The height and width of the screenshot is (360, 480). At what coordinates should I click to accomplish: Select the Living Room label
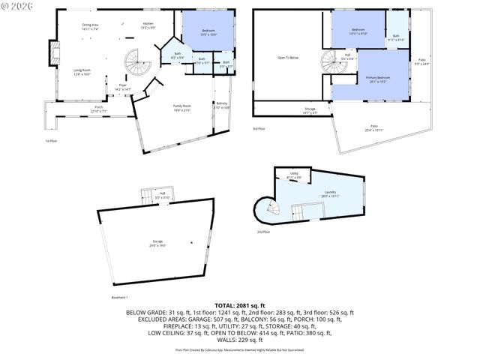point(82,72)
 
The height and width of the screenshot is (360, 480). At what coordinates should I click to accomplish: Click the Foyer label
point(122,88)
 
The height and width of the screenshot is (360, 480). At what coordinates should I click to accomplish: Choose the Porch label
point(98,109)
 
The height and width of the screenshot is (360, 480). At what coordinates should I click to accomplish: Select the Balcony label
point(222,104)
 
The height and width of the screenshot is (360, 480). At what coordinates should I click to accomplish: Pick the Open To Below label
point(288,56)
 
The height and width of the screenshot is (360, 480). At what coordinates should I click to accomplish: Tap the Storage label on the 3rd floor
point(310,110)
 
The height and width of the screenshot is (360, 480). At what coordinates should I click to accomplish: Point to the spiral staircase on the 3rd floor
point(331,62)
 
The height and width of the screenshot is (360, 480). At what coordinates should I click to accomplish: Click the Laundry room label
point(330,194)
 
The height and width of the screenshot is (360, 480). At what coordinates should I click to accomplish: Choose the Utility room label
point(295,176)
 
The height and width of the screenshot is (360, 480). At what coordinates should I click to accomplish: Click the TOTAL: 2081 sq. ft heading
point(239,305)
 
